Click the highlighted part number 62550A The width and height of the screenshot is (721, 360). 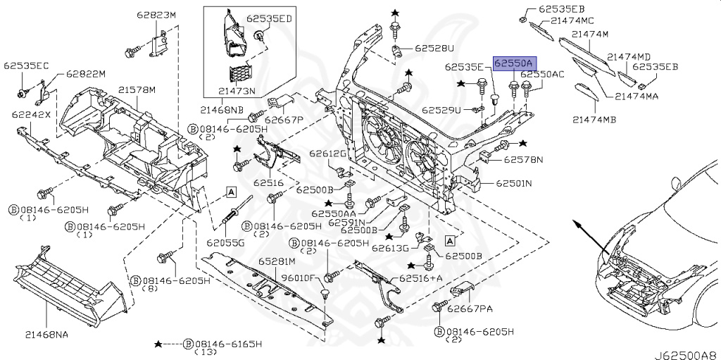(x=515, y=63)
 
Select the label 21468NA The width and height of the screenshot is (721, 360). (x=46, y=335)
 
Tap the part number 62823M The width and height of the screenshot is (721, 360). (x=156, y=15)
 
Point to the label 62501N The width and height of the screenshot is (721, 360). (x=513, y=183)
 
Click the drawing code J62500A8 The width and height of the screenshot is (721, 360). (x=687, y=355)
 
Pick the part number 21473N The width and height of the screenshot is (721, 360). (x=237, y=91)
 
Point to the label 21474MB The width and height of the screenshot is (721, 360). (x=594, y=120)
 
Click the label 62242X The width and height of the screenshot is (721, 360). (x=31, y=114)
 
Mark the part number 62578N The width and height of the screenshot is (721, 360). (x=523, y=160)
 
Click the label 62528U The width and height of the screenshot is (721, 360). (x=434, y=48)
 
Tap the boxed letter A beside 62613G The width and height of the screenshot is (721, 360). (x=450, y=240)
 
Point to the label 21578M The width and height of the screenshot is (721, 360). (x=137, y=89)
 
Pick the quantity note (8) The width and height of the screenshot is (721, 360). (x=150, y=288)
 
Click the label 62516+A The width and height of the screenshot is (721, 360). (x=421, y=278)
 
